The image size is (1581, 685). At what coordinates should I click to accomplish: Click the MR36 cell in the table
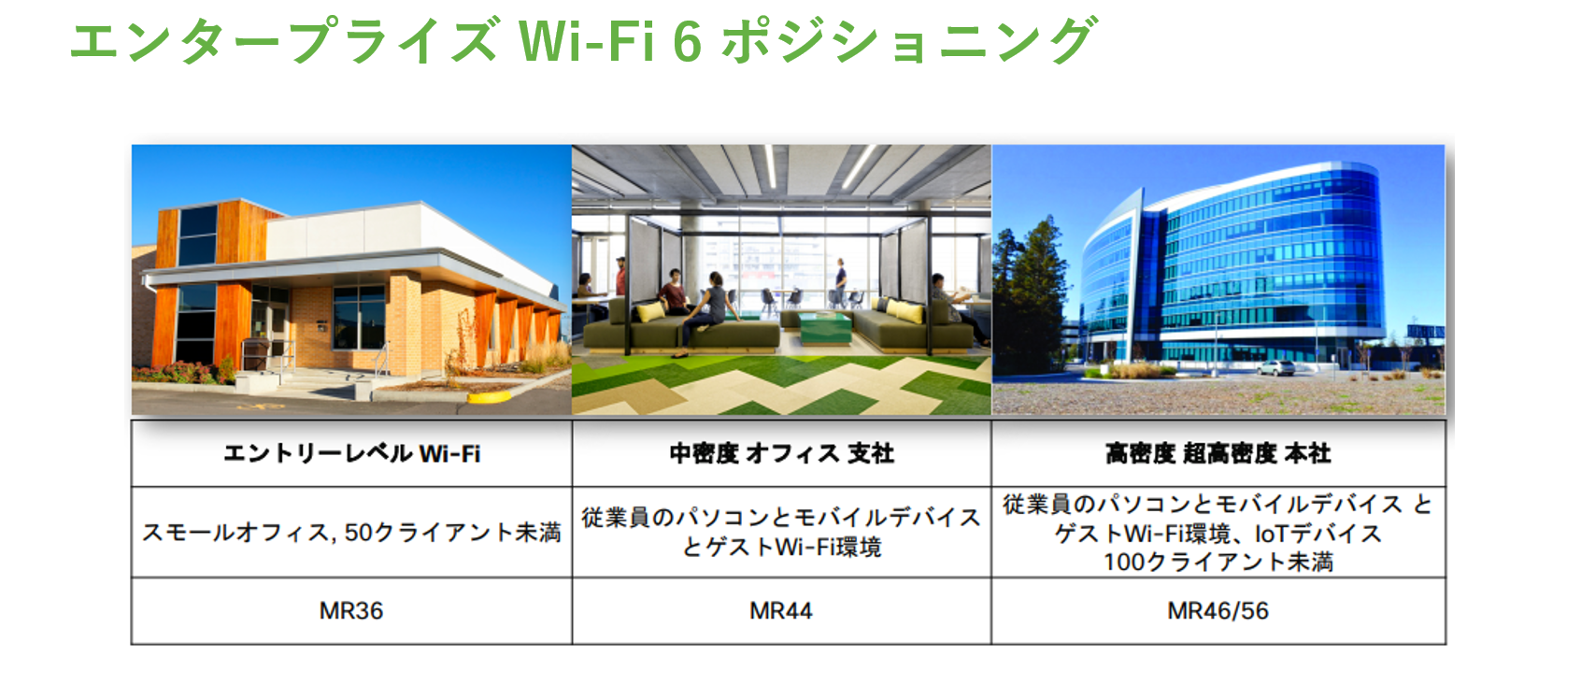350,611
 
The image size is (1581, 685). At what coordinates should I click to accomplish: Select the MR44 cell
780,611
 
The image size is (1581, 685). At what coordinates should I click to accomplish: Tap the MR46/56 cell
1218,611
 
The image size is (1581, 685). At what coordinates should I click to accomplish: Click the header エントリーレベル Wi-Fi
351,453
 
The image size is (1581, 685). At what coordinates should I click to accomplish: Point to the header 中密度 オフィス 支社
781,453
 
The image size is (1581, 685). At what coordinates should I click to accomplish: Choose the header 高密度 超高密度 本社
1218,453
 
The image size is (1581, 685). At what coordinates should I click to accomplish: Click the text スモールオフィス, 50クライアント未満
351,532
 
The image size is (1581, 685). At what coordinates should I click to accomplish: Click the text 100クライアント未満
1218,563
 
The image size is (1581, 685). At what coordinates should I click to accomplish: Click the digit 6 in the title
687,42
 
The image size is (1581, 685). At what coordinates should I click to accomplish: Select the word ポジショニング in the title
910,41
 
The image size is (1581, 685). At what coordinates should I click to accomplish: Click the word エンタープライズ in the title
284,41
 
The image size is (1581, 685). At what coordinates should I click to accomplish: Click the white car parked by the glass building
1275,368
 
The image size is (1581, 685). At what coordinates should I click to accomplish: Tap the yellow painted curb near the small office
489,396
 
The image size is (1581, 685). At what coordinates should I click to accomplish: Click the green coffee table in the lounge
825,328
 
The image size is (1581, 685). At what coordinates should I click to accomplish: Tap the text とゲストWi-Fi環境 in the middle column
781,548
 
